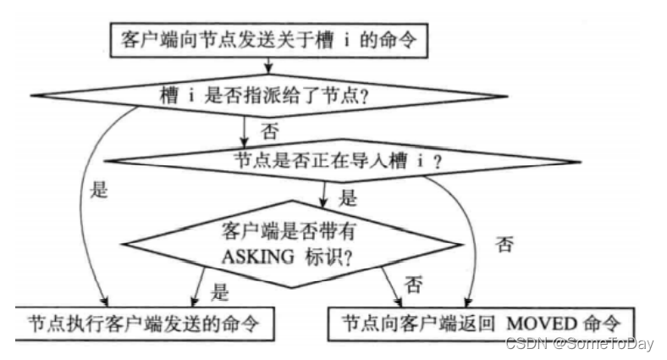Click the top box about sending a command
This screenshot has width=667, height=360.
[269, 39]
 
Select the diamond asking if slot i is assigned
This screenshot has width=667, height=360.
[269, 95]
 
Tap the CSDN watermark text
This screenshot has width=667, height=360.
[526, 342]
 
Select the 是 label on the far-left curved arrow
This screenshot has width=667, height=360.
[100, 191]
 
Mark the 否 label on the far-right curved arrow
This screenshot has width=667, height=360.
[504, 246]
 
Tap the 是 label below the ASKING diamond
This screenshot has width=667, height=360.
[220, 294]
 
